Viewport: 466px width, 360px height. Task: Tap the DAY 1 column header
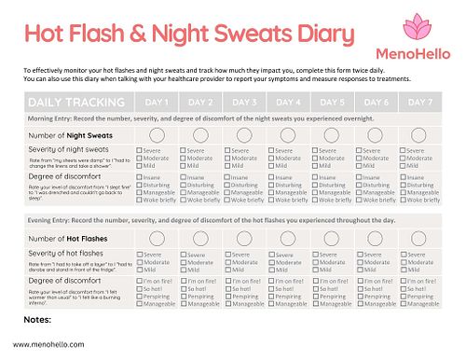click(157, 102)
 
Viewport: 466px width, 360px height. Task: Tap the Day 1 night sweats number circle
click(157, 134)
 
